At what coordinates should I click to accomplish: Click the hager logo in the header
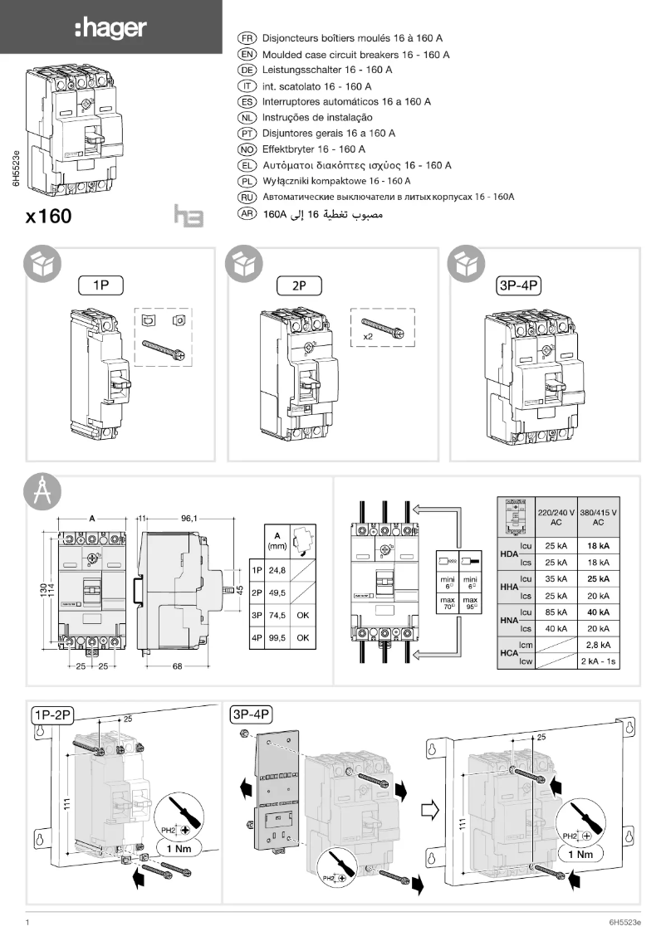pos(110,29)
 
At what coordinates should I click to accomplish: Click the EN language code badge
pos(247,55)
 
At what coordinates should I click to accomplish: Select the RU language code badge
pos(247,197)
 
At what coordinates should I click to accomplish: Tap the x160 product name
pos(49,217)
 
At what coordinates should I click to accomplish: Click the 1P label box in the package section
pos(100,285)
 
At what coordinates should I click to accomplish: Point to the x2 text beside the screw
pos(367,337)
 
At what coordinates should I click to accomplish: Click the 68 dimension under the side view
pos(177,668)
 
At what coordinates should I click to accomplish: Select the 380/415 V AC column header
pos(598,516)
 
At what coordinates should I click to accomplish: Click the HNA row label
pos(508,620)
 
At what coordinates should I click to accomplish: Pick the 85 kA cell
pos(556,612)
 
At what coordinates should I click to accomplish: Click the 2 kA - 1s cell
pos(598,661)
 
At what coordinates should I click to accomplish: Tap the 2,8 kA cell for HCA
pos(598,645)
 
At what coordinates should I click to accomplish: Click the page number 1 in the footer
pos(28,923)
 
